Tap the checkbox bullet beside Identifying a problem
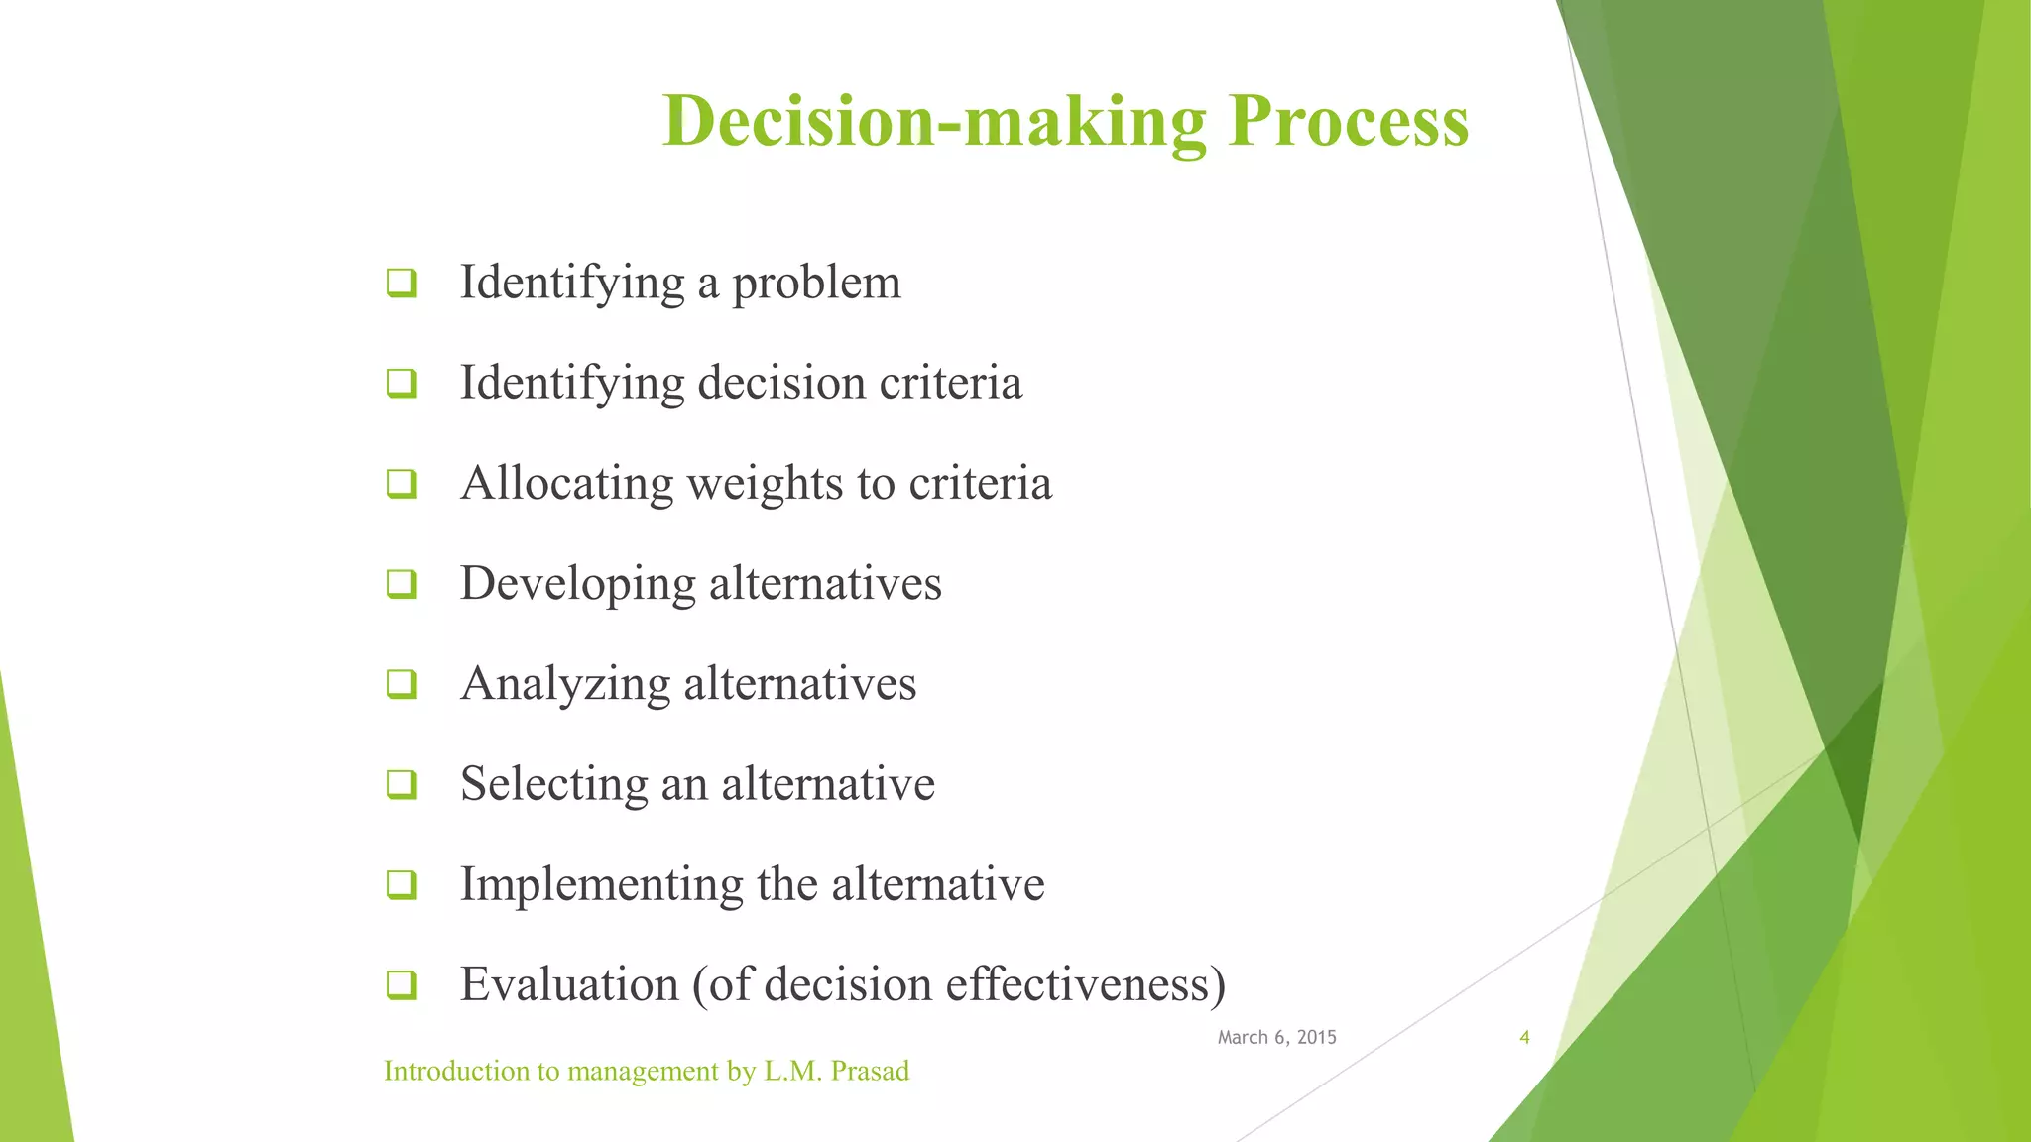click(402, 284)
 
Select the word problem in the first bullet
click(816, 284)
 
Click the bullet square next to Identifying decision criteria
click(402, 383)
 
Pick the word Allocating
click(567, 484)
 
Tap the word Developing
click(577, 584)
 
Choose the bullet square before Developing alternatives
click(402, 584)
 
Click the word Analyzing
click(565, 684)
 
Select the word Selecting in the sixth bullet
click(553, 784)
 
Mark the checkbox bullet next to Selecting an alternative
click(402, 785)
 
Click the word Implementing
click(601, 884)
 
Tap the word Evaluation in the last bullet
click(569, 984)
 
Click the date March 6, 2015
click(1276, 1037)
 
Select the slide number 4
click(1524, 1038)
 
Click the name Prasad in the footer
click(870, 1072)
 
